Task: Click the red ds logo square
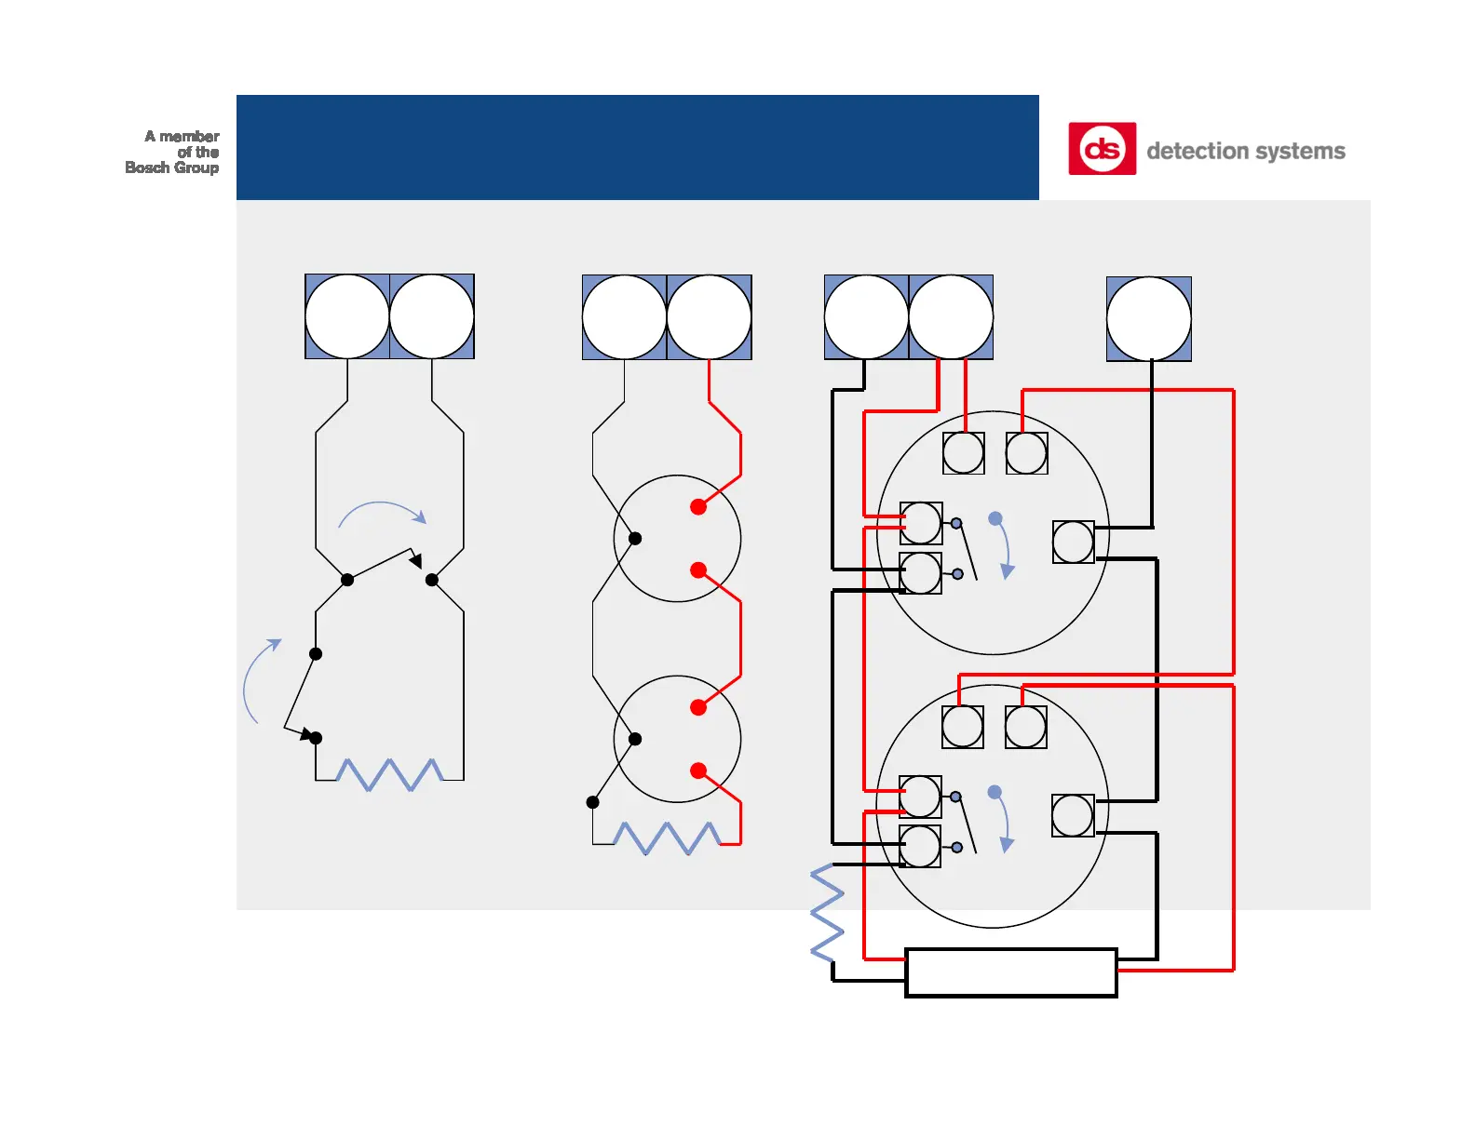1102,149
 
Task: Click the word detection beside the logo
1197,151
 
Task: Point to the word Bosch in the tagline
147,167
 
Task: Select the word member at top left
189,136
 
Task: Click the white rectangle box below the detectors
1010,972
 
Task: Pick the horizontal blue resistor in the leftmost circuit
389,774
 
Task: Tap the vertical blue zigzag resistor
827,912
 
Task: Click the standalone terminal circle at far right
1148,318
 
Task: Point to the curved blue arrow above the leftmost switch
382,511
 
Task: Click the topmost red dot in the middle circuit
698,507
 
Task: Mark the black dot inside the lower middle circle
635,739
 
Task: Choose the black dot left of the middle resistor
592,802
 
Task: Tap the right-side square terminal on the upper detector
1073,542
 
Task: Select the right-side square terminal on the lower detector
1072,815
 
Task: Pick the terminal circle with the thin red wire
709,317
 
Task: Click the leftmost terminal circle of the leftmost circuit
347,316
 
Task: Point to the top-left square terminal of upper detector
963,453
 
